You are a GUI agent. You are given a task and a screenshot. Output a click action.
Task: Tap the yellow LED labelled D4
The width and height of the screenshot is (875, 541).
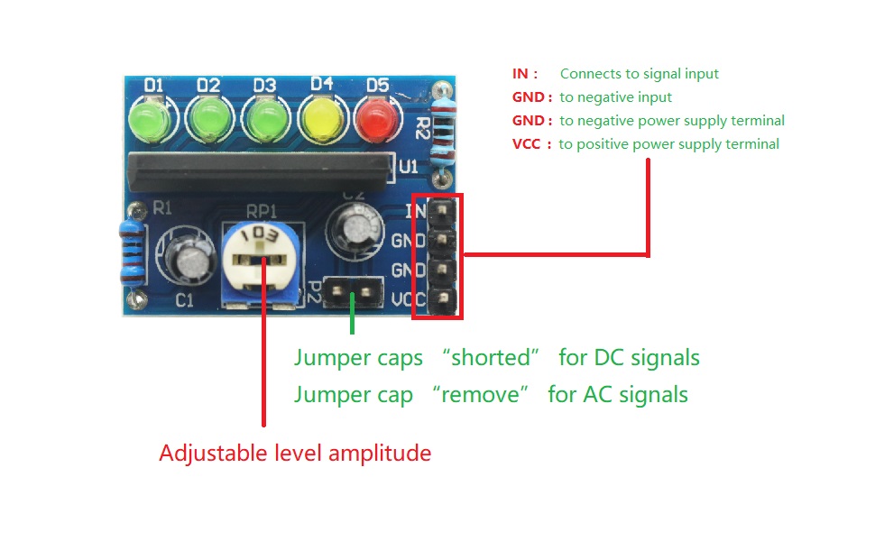[x=321, y=119]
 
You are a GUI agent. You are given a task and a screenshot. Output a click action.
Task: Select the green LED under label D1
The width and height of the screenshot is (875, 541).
[x=150, y=119]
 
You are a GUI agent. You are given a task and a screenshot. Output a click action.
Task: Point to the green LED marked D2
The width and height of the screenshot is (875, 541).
[x=209, y=119]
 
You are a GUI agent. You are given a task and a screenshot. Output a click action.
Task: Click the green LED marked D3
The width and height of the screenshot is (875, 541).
[x=267, y=119]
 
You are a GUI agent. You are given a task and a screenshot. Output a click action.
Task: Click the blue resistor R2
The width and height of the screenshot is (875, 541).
[x=443, y=134]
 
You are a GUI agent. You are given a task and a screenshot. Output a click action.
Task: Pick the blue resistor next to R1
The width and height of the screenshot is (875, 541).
[x=133, y=252]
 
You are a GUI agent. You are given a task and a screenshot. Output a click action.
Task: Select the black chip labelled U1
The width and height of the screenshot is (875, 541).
[x=261, y=170]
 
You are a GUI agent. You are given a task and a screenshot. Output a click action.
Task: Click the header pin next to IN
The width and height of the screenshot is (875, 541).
[x=442, y=210]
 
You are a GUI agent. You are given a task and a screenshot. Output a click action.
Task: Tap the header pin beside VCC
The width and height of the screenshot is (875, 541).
[x=442, y=300]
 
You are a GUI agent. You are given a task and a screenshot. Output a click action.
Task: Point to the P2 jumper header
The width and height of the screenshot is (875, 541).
[x=353, y=292]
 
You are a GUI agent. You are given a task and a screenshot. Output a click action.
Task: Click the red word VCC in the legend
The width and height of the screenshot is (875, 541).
[x=526, y=144]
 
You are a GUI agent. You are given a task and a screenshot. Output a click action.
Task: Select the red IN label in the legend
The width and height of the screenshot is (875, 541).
[x=520, y=74]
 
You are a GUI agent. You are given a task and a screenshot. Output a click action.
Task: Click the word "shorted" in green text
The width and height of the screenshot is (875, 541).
[x=490, y=357]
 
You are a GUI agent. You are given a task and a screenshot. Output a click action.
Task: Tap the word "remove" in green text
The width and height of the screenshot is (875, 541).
[x=480, y=394]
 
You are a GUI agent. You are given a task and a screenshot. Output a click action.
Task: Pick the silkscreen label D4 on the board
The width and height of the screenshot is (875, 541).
[x=322, y=84]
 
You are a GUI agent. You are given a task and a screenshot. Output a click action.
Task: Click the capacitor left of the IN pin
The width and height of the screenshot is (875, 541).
[x=355, y=227]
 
